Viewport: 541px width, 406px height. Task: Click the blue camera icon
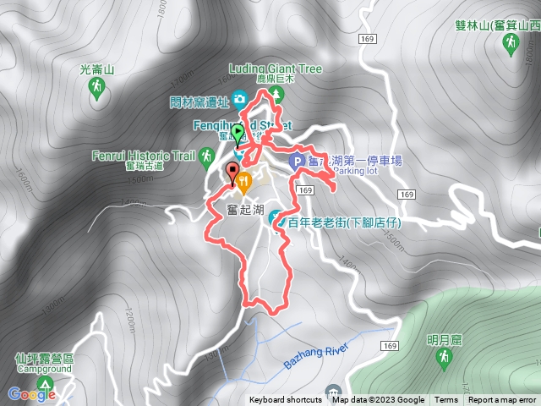[240, 101]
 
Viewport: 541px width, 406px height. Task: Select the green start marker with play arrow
[238, 134]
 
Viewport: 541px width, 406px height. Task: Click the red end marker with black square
[232, 170]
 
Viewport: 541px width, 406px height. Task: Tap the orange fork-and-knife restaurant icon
[244, 180]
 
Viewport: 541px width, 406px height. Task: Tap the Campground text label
[43, 369]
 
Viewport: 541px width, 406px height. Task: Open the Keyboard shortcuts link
[285, 400]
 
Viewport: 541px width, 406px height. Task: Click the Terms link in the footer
[446, 400]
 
